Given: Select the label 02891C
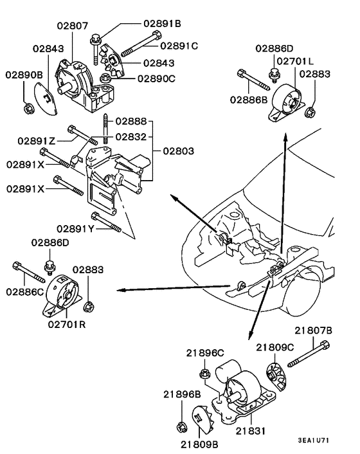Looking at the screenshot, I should (178, 46).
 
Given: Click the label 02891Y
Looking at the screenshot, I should (74, 228).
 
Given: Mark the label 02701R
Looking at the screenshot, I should (66, 324).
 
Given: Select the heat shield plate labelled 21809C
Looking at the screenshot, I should (276, 379).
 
